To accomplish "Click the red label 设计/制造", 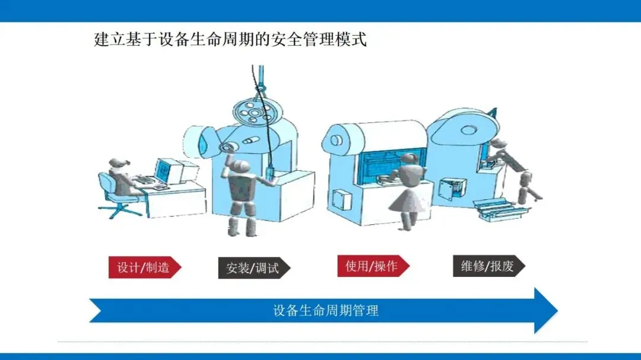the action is [143, 267].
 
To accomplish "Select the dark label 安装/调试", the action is [252, 268].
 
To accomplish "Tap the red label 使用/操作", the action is [372, 266].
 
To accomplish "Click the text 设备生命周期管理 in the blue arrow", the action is [326, 310].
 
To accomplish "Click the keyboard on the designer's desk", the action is [145, 180].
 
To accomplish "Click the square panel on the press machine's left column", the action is [342, 199].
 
